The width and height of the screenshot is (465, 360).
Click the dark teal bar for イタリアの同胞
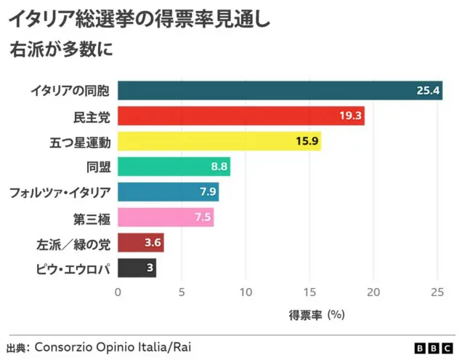pos(280,90)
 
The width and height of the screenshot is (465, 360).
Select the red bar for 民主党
pos(240,116)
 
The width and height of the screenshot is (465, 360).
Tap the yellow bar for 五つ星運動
pos(219,141)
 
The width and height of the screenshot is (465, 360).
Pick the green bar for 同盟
pos(174,167)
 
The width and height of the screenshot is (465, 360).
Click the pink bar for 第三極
pos(165,217)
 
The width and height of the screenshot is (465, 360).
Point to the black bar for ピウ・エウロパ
pos(137,268)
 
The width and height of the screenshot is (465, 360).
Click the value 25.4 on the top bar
pos(429,91)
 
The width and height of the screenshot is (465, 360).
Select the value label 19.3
pos(351,116)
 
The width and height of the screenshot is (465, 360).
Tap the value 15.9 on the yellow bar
pos(307,142)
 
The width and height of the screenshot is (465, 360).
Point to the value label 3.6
pos(153,243)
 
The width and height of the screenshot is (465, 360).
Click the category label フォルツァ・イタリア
pos(60,193)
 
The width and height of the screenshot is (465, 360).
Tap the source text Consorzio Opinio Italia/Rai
pos(113,347)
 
